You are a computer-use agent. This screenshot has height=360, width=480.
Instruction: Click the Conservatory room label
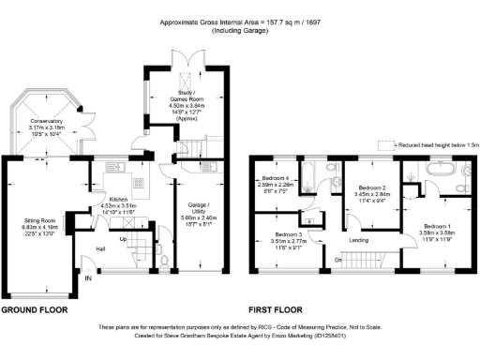[44, 121]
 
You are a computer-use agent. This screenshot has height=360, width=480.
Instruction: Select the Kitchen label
[118, 199]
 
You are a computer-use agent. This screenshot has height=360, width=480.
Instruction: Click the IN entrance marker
[89, 278]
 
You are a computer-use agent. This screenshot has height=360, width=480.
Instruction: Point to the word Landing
[359, 240]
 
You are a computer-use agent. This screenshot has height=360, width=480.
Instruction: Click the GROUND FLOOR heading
[38, 308]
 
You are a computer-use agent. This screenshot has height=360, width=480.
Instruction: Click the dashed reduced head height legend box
[386, 145]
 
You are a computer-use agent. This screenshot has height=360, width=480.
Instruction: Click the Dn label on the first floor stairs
[337, 260]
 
